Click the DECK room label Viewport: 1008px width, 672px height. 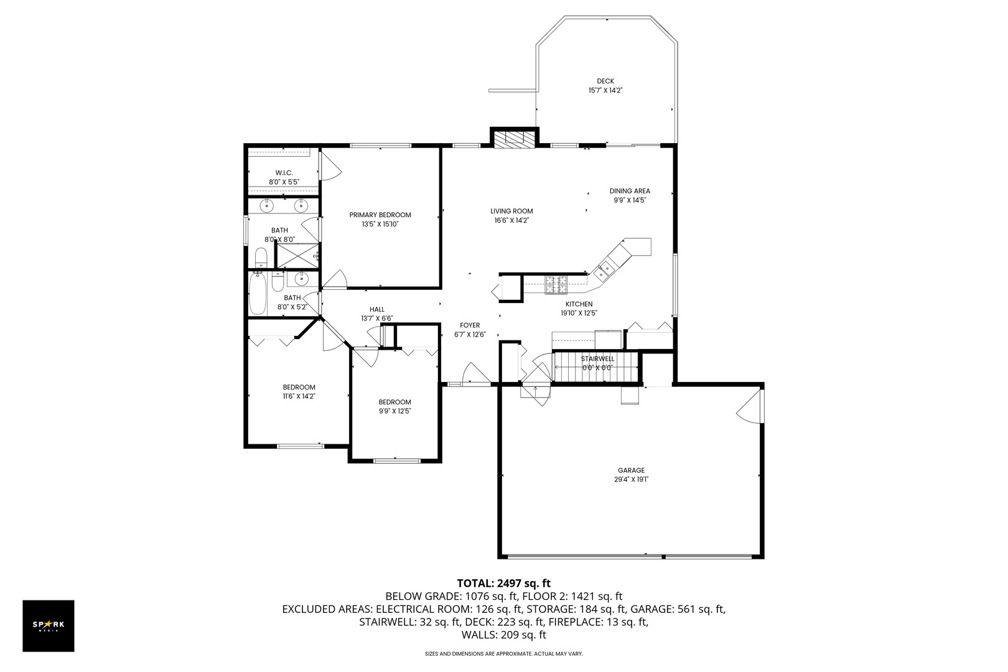(605, 81)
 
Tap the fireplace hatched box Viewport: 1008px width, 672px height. (513, 138)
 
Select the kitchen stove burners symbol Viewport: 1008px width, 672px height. (556, 284)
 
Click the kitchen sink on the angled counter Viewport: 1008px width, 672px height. (604, 270)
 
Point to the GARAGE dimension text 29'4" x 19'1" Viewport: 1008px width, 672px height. (631, 479)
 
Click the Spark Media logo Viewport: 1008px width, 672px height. (49, 625)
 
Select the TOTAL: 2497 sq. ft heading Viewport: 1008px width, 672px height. (503, 583)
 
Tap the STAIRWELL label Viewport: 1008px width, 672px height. (597, 359)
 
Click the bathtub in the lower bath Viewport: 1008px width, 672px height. (258, 296)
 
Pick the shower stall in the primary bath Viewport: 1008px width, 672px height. (297, 256)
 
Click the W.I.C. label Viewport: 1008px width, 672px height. (284, 172)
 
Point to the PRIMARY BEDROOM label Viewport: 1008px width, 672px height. (380, 215)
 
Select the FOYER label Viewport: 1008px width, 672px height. (469, 325)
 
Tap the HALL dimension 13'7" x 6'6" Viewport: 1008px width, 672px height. (376, 318)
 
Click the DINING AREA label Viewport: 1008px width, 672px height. (630, 191)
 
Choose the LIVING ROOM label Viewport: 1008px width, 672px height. (511, 211)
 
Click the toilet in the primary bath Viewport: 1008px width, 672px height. (261, 258)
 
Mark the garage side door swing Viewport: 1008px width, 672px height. (750, 405)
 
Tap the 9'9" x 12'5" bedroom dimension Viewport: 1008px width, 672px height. (394, 411)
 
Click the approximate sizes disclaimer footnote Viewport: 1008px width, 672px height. (503, 654)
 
